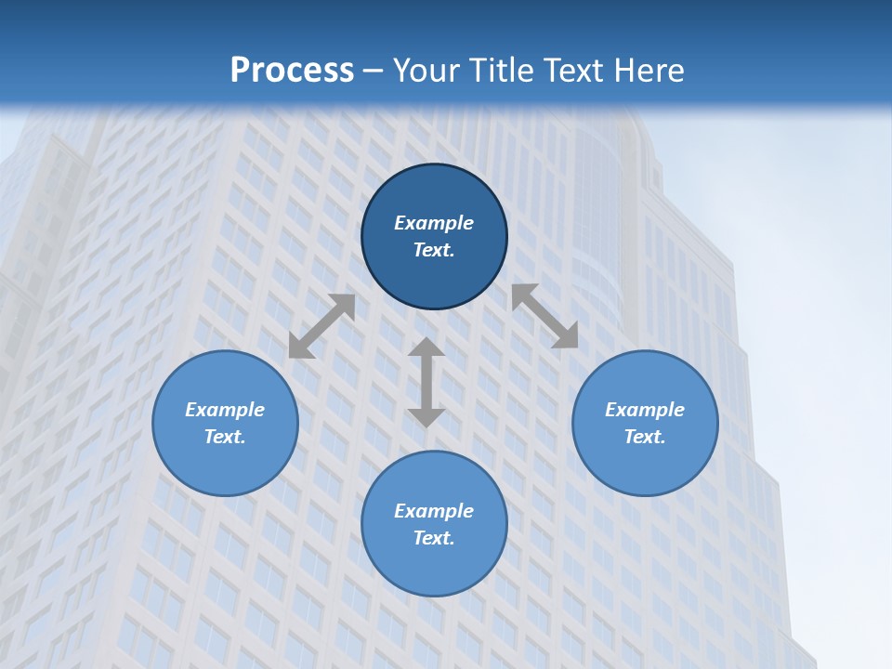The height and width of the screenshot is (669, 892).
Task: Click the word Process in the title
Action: pyautogui.click(x=292, y=71)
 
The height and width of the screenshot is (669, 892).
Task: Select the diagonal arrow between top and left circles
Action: pyautogui.click(x=321, y=326)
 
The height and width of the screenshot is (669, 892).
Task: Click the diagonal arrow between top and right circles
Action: pyautogui.click(x=544, y=316)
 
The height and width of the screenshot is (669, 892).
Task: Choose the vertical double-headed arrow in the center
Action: pyautogui.click(x=426, y=383)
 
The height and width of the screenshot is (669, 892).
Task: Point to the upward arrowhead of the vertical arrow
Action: pyautogui.click(x=426, y=348)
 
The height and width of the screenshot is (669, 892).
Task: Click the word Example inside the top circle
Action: pyautogui.click(x=434, y=223)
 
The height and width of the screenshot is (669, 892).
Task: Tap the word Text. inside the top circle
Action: pyautogui.click(x=434, y=250)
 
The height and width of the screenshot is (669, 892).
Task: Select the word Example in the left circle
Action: pyautogui.click(x=225, y=410)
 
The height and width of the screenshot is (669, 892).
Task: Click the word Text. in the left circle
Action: pyautogui.click(x=225, y=437)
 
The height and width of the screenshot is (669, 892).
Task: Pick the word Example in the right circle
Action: pyautogui.click(x=645, y=410)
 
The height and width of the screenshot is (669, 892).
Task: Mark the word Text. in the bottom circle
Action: pyautogui.click(x=434, y=538)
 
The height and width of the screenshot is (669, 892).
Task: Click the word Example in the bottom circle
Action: pyautogui.click(x=434, y=511)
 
